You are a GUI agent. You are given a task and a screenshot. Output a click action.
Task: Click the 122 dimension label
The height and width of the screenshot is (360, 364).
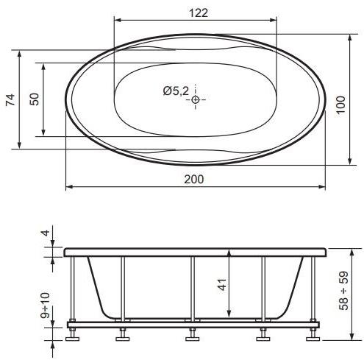199,13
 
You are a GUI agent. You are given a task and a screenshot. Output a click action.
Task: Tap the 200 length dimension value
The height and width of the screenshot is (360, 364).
194,180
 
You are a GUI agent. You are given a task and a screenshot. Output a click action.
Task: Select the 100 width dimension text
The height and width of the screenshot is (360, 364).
340,105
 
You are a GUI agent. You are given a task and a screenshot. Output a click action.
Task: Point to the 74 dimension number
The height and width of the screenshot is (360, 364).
10,100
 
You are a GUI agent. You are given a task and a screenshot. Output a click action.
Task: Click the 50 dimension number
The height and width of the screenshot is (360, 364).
35,99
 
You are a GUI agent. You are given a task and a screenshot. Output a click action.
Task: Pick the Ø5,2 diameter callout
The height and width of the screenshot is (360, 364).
176,91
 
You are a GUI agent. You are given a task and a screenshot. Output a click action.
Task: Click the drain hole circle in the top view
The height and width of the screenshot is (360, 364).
196,99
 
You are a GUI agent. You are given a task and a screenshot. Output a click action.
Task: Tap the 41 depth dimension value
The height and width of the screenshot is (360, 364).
222,285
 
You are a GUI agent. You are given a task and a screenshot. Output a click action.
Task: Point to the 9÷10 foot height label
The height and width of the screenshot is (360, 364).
45,306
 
